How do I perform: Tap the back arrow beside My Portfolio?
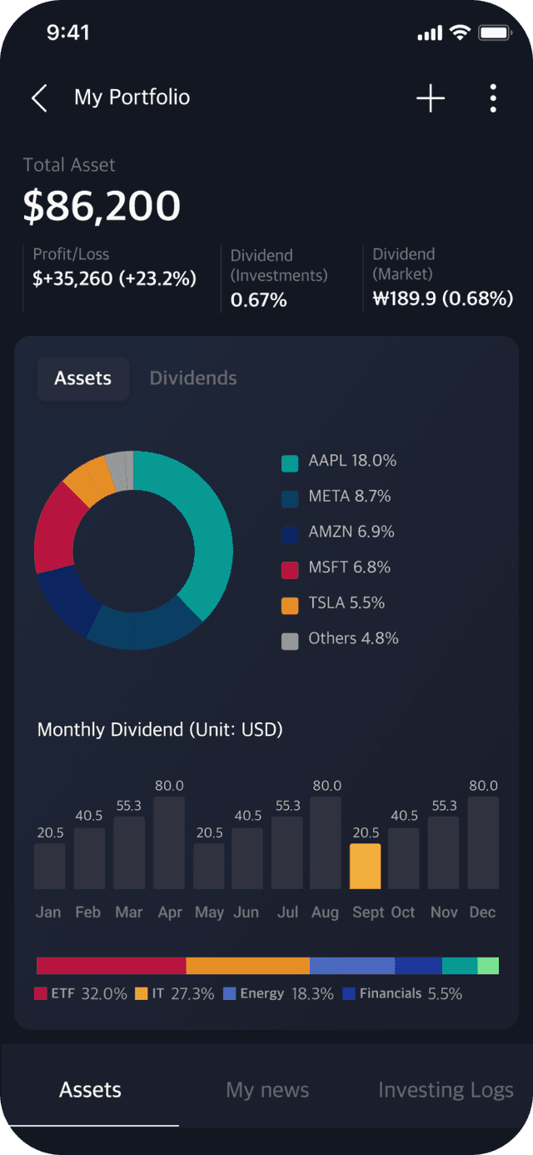pos(39,98)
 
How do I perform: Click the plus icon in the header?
pos(431,98)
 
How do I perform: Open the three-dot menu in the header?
pos(493,98)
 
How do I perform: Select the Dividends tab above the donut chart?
pos(193,378)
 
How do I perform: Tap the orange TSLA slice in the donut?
pos(90,478)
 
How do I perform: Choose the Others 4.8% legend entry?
pos(341,639)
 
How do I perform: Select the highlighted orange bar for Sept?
pos(365,867)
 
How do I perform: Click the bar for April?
pos(169,842)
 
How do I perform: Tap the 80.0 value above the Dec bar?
pos(483,786)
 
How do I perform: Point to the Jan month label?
pos(48,912)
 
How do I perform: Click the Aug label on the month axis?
pos(325,912)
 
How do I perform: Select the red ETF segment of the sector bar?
pos(111,966)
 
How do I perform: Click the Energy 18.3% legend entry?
pos(278,994)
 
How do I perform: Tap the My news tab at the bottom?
pos(267,1090)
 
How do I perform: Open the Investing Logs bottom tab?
pos(446,1090)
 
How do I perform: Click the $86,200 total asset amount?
pos(102,206)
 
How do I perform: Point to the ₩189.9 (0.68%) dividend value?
pos(442,299)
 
